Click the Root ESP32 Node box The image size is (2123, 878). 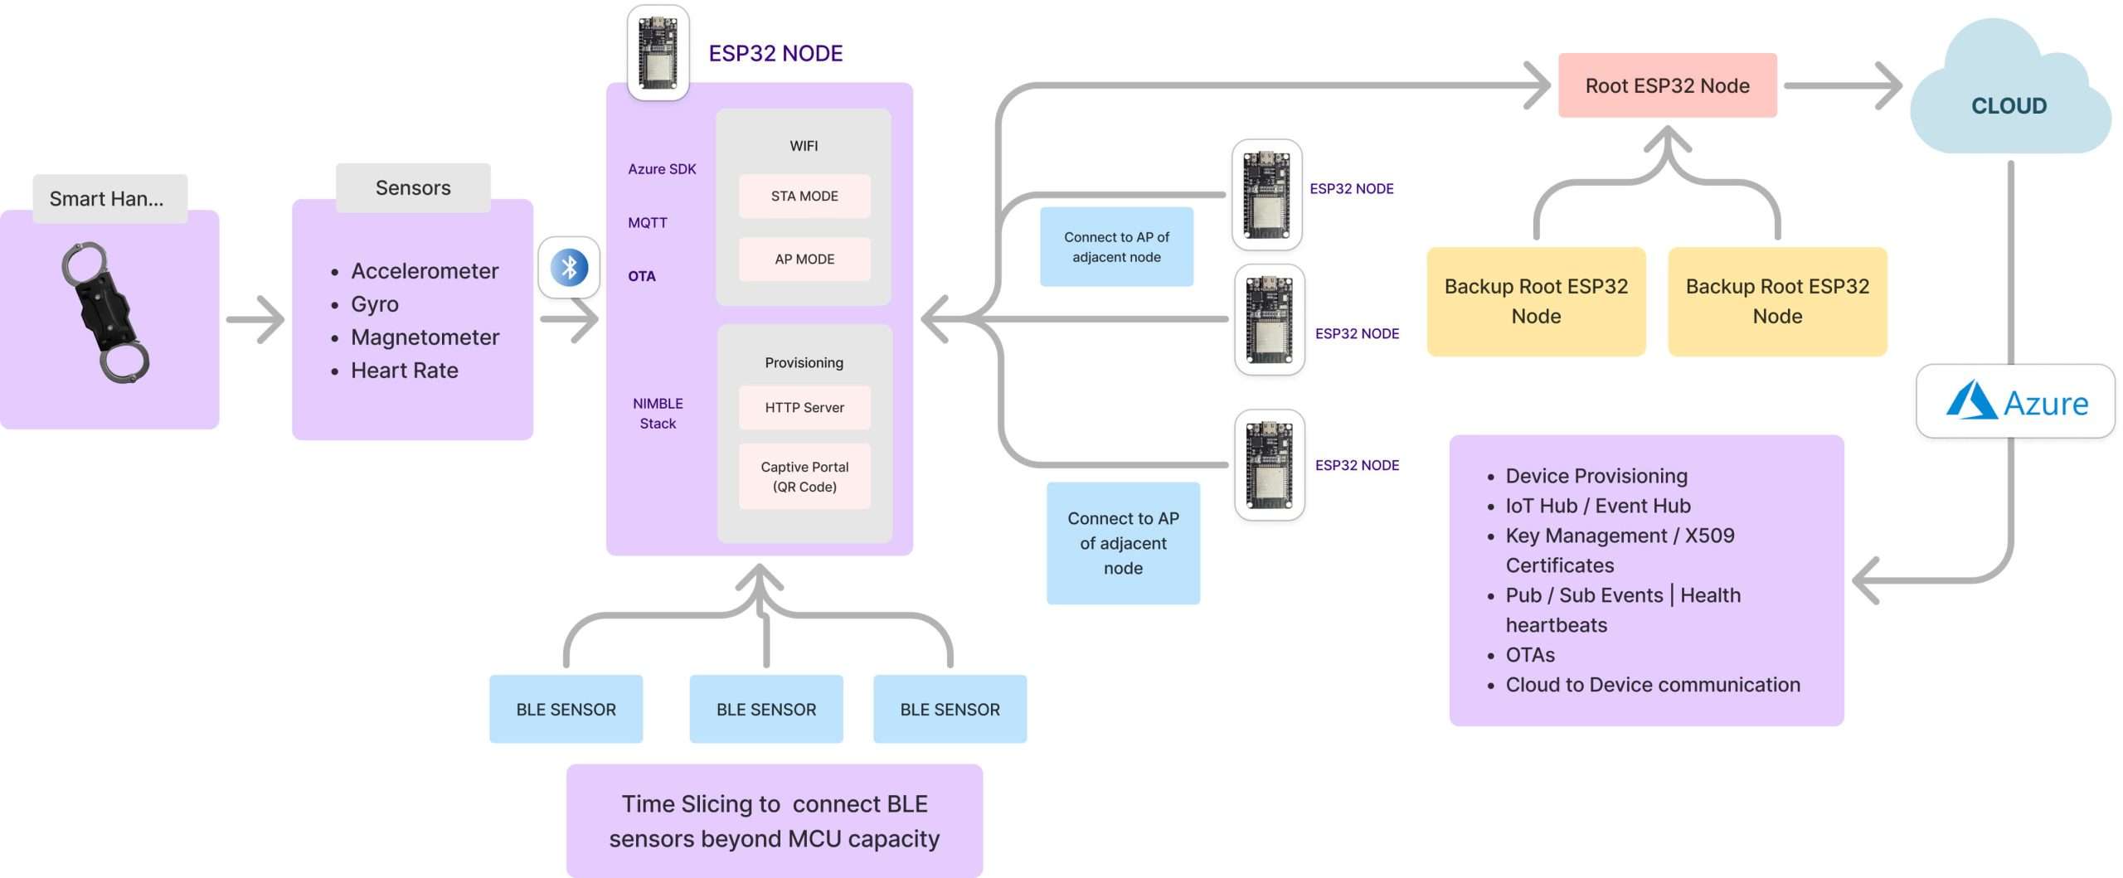click(x=1667, y=85)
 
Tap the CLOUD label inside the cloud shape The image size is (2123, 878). click(x=2009, y=106)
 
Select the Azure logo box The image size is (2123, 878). click(x=2015, y=402)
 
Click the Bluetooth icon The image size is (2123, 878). click(x=569, y=268)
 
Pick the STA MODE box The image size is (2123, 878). click(x=804, y=196)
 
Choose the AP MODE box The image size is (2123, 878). click(x=804, y=260)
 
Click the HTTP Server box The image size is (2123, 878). click(x=804, y=408)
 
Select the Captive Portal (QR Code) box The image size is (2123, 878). click(x=804, y=477)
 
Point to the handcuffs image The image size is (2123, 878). click(x=105, y=313)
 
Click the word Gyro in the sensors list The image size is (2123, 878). click(x=375, y=304)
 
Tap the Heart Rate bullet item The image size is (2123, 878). click(x=405, y=371)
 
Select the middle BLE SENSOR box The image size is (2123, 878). click(x=766, y=710)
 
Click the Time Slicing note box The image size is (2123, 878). click(x=775, y=821)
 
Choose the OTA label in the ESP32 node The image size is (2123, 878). click(x=642, y=276)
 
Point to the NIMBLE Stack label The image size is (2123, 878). click(x=658, y=414)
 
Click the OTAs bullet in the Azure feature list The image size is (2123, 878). click(x=1530, y=655)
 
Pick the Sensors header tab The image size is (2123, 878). click(x=413, y=188)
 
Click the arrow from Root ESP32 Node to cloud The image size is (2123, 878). click(x=1843, y=85)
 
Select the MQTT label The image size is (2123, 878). click(x=648, y=223)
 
